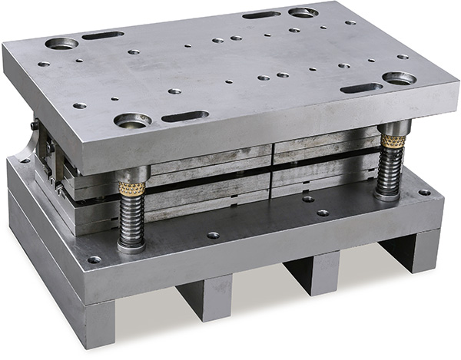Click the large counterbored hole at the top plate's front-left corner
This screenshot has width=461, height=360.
point(132,121)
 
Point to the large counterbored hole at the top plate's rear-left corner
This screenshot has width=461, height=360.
point(61,43)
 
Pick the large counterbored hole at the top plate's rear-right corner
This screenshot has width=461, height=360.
point(302,12)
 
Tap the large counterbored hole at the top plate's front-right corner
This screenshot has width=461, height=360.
point(399,78)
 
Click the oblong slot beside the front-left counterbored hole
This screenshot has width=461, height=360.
point(185,117)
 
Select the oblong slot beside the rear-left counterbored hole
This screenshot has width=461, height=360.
point(103,35)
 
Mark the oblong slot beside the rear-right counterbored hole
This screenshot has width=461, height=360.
point(261,15)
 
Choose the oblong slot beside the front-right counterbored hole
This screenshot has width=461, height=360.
point(361,88)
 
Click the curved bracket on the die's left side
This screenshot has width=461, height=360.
point(29,145)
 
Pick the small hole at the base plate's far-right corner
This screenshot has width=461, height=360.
point(424,192)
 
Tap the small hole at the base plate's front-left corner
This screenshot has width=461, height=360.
point(95,259)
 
